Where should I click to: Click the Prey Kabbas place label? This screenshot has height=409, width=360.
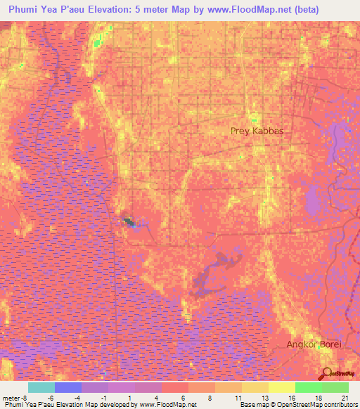point(262,131)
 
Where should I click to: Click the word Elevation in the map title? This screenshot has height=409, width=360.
point(122,10)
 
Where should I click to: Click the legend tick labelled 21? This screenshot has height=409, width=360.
point(344,397)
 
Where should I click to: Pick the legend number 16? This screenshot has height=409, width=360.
point(290,397)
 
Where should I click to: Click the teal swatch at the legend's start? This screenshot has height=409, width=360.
point(41,387)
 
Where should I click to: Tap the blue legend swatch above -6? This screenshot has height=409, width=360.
point(68,387)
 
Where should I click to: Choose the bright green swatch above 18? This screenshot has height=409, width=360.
point(309,387)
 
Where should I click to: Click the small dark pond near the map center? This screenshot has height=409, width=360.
point(129,222)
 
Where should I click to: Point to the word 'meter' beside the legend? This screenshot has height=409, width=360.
point(10,397)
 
